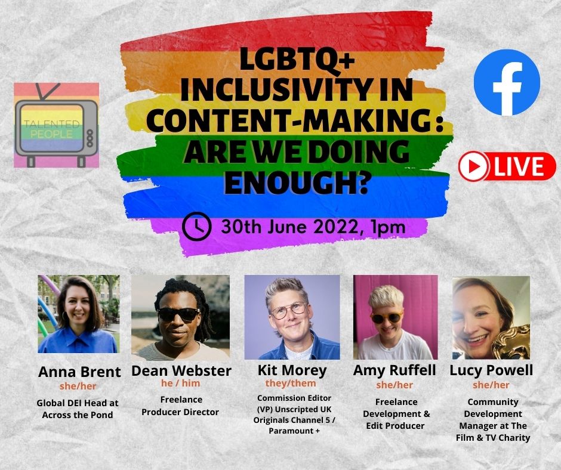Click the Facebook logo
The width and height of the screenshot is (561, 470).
(x=507, y=82)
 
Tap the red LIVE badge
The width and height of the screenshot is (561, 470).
(x=507, y=166)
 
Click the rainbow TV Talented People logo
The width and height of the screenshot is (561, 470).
(x=57, y=125)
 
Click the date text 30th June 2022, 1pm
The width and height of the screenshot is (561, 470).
(x=313, y=227)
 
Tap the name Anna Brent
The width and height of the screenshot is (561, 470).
(x=79, y=372)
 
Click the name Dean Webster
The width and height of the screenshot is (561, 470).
(x=180, y=371)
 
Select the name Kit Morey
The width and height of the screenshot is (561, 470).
(x=291, y=370)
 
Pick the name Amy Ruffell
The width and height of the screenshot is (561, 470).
(x=394, y=370)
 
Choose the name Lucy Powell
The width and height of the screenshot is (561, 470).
(x=491, y=370)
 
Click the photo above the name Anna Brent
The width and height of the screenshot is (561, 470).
(x=78, y=314)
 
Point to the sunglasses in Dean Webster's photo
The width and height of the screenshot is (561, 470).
(x=179, y=314)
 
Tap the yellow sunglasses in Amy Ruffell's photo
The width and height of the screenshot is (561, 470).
(x=386, y=317)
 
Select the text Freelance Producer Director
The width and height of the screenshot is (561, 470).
(x=180, y=406)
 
